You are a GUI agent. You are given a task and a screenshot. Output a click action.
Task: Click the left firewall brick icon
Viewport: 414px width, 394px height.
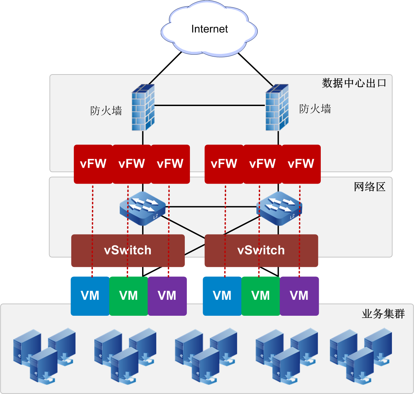(143, 107)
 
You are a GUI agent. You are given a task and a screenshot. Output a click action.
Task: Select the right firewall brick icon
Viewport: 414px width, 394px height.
(277, 107)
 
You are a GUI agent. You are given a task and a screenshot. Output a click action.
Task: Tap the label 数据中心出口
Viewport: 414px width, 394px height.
(354, 83)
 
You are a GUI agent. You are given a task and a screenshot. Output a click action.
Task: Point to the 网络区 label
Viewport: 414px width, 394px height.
(370, 187)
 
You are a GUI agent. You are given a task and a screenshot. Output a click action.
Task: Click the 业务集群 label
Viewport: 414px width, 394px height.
(383, 314)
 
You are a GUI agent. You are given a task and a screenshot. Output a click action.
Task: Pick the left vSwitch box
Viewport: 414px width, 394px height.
(128, 250)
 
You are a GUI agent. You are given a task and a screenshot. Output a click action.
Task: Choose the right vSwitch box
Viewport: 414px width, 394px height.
(261, 250)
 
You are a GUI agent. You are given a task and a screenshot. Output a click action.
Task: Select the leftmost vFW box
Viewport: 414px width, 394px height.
(93, 164)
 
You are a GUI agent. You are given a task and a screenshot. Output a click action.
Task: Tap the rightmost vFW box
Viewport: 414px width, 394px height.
(301, 164)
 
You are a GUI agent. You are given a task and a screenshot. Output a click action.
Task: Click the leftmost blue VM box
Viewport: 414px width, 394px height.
(90, 296)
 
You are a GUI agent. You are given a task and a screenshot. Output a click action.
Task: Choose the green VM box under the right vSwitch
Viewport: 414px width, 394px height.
(261, 296)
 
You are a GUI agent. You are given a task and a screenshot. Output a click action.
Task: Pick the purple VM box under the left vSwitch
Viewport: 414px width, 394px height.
(167, 296)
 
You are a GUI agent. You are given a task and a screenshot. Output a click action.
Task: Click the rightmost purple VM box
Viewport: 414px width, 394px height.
(299, 296)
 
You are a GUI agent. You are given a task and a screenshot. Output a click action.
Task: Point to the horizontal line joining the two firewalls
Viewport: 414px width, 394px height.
(210, 105)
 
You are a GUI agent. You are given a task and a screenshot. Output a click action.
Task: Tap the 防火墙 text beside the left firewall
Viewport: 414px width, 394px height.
(106, 111)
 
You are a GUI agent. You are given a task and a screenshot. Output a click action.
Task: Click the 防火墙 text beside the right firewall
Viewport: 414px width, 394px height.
(315, 109)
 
